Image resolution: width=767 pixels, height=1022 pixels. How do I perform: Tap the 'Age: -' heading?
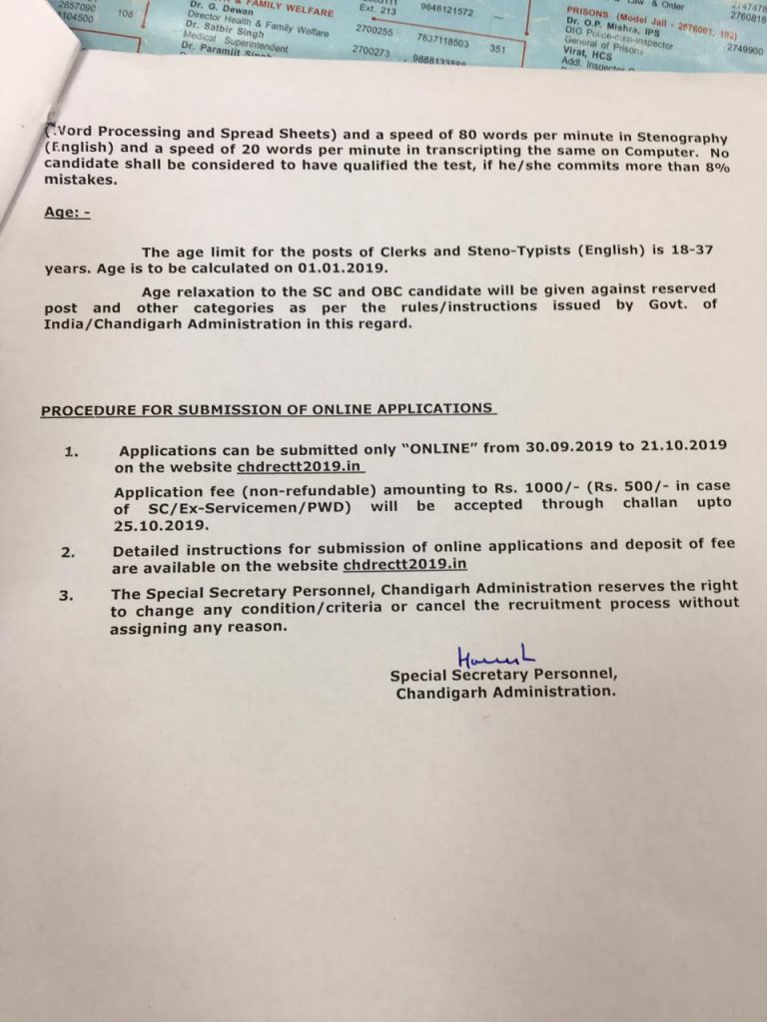[x=67, y=213]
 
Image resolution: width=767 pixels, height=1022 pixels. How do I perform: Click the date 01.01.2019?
[x=344, y=268]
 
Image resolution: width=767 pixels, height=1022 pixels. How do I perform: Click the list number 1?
[x=70, y=451]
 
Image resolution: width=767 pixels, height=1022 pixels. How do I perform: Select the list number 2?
[x=67, y=550]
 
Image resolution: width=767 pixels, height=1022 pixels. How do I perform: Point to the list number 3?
[x=66, y=596]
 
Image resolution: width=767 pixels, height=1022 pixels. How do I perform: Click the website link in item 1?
[x=301, y=466]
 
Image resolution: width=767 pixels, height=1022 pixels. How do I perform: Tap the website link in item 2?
[x=404, y=563]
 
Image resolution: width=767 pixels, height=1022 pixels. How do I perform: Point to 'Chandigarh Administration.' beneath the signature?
[x=505, y=691]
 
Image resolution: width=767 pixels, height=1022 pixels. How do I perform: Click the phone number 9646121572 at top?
[x=446, y=10]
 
